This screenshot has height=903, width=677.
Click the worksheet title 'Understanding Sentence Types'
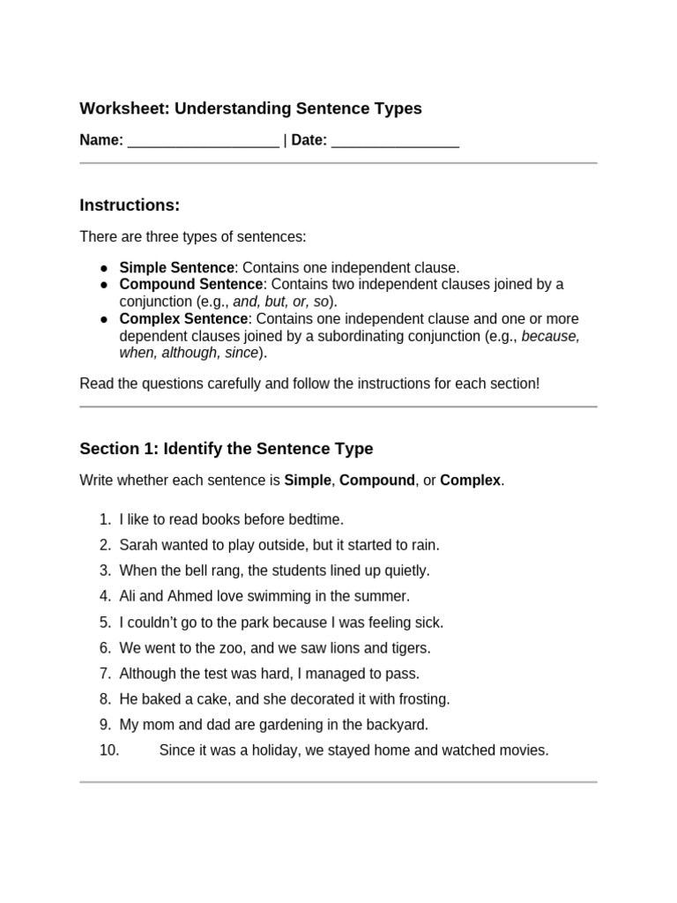click(298, 108)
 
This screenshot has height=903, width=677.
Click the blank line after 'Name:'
click(203, 141)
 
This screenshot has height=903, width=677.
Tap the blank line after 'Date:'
click(395, 141)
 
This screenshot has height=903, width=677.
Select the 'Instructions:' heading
click(130, 205)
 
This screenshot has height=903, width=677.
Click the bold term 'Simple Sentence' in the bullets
click(176, 267)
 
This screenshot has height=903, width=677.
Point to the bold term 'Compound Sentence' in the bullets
click(190, 284)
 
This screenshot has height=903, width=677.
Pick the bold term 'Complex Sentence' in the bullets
click(183, 318)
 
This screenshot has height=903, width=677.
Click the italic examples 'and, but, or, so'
click(281, 302)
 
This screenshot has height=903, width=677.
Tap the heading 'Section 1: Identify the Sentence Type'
click(227, 449)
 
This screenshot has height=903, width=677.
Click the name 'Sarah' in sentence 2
click(138, 545)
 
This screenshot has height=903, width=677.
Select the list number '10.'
click(109, 750)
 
